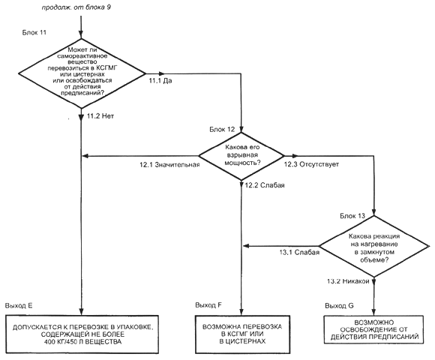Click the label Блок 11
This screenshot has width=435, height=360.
(34, 32)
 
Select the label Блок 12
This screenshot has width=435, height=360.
(222, 129)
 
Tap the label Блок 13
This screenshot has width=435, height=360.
(352, 216)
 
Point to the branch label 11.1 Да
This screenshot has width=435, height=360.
(160, 81)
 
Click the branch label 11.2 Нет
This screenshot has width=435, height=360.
(100, 116)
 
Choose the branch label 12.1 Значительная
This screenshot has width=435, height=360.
(169, 164)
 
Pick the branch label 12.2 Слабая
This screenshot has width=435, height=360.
(265, 185)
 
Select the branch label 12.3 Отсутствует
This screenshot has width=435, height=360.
(311, 164)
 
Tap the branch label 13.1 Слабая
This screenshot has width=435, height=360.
(299, 253)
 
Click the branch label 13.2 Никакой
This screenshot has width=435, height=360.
(348, 281)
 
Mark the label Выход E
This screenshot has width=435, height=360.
(19, 305)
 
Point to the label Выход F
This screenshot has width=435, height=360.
(208, 305)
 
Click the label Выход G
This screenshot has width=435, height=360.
(339, 306)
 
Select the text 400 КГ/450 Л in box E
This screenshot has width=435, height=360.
(63, 342)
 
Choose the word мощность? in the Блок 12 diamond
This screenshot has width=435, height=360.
(242, 163)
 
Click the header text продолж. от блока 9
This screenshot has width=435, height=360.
(76, 7)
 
